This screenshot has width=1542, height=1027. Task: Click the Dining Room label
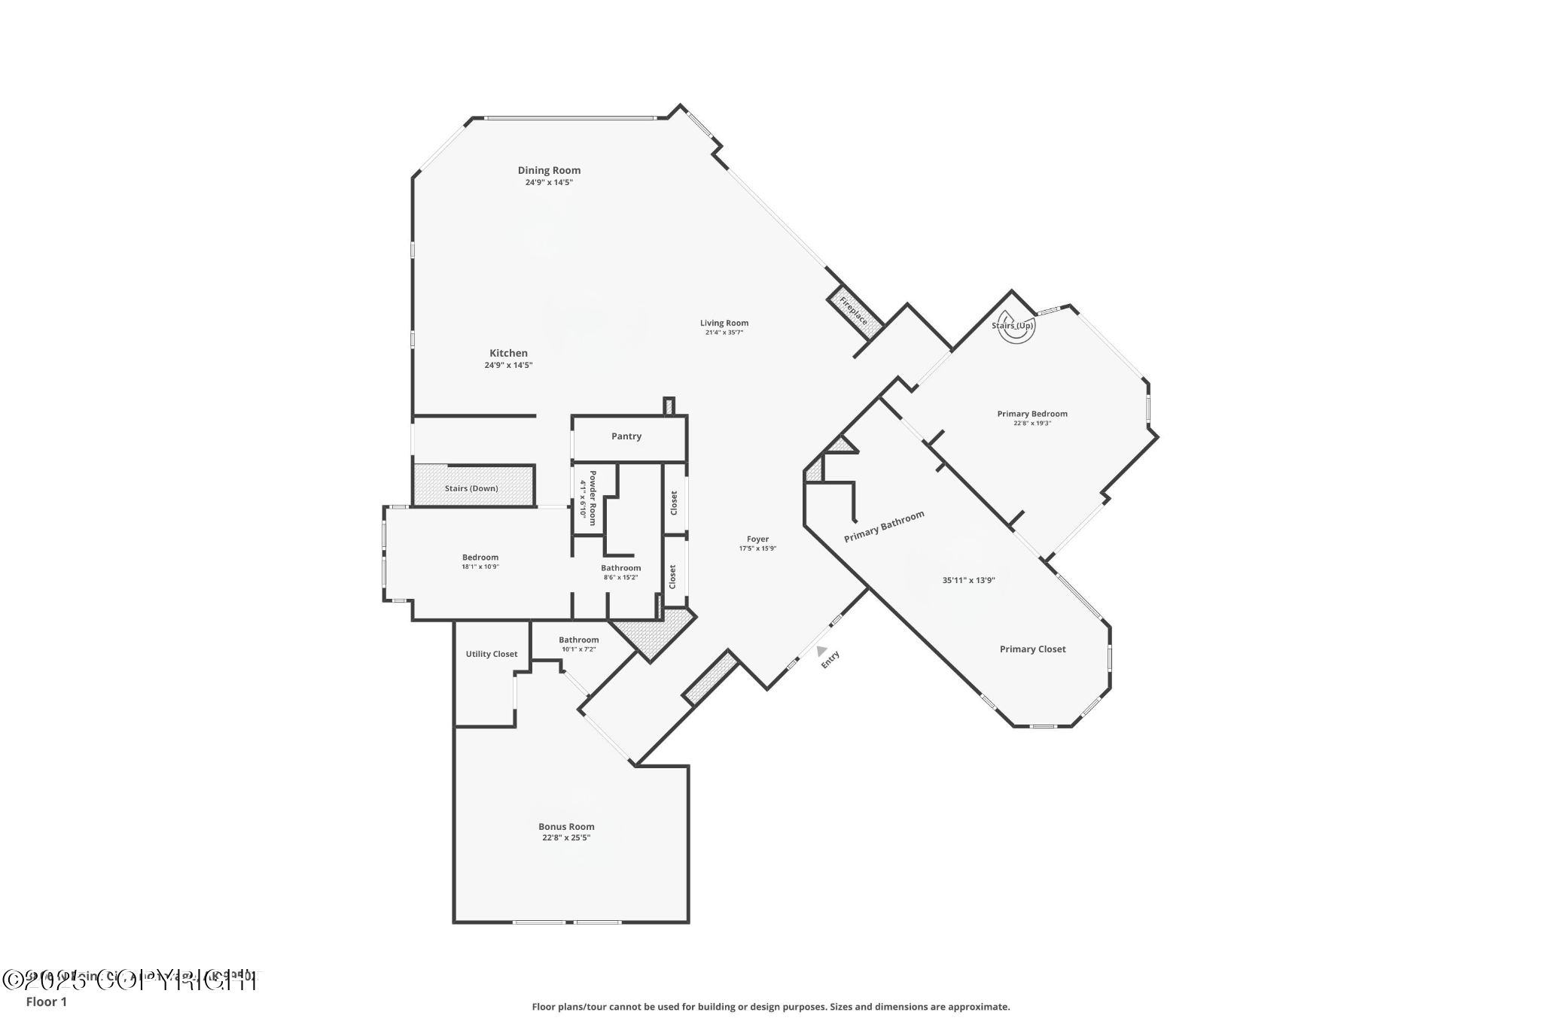(549, 170)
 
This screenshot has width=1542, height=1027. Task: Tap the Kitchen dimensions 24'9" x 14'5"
(508, 365)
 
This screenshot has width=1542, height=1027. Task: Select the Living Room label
(724, 323)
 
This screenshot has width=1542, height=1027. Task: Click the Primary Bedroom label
(1032, 414)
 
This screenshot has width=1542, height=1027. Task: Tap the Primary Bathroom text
(884, 527)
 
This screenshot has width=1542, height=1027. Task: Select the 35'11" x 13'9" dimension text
(968, 580)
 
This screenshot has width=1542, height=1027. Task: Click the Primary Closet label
(1032, 649)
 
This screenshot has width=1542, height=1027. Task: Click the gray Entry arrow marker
(821, 651)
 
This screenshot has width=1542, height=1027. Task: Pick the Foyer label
(757, 539)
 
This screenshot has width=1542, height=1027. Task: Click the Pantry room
(626, 436)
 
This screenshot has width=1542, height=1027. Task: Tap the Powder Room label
(588, 498)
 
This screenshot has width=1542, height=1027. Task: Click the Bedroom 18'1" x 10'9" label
(480, 561)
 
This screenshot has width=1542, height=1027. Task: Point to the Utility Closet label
(491, 654)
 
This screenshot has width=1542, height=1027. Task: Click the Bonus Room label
(566, 826)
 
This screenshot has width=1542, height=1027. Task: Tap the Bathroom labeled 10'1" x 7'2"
(578, 644)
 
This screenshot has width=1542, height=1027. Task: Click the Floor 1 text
(47, 1001)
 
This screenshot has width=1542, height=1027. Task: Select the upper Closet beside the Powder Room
(674, 502)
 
